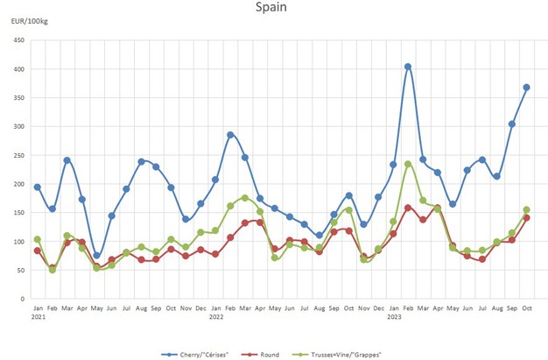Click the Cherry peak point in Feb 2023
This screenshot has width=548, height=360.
408,67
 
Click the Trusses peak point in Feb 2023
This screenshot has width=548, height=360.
408,164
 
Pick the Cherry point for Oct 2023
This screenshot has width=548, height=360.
527,88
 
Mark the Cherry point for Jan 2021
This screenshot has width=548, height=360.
37,187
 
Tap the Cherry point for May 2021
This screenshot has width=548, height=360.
96,256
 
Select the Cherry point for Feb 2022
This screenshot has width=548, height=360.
230,135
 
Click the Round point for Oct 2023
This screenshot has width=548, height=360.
527,217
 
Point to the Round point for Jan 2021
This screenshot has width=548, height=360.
37,251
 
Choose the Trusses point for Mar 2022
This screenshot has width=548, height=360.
245,198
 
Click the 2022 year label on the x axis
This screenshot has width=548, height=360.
216,316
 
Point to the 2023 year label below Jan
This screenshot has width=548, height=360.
394,316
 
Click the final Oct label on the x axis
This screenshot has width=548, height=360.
527,308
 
